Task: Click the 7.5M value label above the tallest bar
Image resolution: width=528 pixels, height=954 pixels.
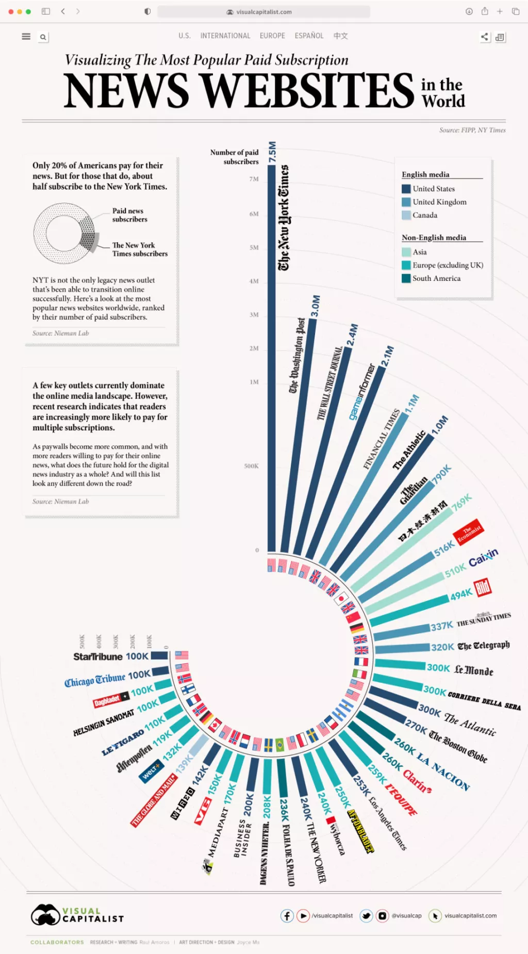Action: [272, 152]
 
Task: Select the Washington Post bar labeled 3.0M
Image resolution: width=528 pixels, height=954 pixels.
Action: [299, 433]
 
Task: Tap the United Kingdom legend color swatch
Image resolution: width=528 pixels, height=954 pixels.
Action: [406, 202]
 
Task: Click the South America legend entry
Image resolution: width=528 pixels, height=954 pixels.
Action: [436, 278]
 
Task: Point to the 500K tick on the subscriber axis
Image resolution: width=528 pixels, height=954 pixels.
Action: [251, 466]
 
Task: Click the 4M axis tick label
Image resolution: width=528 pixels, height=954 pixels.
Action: [254, 281]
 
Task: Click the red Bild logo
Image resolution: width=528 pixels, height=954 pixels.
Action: [483, 587]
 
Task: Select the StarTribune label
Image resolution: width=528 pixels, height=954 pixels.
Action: [97, 657]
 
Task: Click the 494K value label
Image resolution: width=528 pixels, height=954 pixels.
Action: [461, 594]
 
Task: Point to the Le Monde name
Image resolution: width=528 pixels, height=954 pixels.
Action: [473, 670]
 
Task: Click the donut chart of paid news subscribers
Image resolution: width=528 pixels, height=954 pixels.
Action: [64, 233]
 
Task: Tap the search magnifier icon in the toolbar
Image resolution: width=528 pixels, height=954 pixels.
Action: [43, 37]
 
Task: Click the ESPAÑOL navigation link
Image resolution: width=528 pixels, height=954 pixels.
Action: [309, 36]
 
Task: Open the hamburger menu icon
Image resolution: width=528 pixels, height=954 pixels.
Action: [26, 37]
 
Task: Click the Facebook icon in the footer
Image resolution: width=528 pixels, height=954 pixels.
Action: [287, 915]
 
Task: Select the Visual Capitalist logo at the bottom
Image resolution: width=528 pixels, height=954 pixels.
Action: [77, 915]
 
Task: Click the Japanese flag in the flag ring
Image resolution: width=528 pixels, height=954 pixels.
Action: [341, 599]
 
